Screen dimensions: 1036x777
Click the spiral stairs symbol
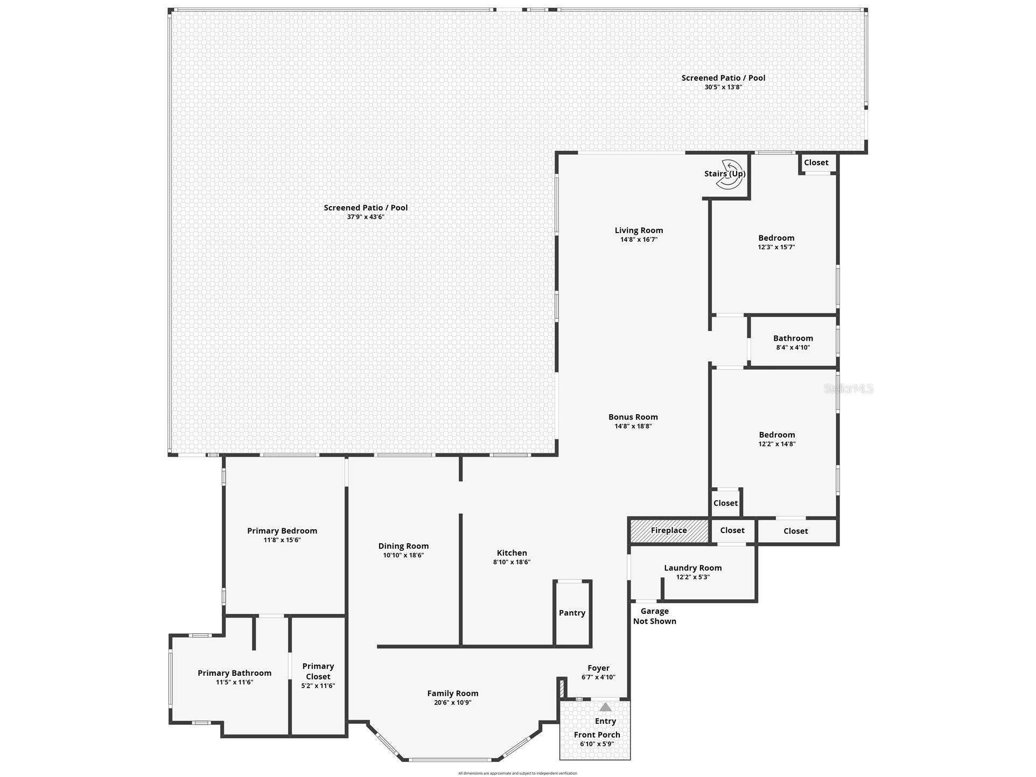pyautogui.click(x=728, y=174)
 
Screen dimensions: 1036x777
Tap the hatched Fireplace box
pyautogui.click(x=669, y=530)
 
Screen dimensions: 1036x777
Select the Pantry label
pyautogui.click(x=572, y=613)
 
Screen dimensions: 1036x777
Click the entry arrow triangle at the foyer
pyautogui.click(x=606, y=707)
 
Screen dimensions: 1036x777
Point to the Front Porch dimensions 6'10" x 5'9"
pyautogui.click(x=597, y=744)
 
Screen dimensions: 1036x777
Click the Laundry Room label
pyautogui.click(x=693, y=568)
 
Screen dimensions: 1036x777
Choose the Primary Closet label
pyautogui.click(x=318, y=671)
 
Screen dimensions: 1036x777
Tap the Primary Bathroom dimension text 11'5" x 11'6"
pyautogui.click(x=234, y=682)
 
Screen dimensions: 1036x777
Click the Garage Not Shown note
pyautogui.click(x=655, y=616)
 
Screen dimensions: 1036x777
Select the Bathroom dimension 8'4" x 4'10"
pyautogui.click(x=793, y=347)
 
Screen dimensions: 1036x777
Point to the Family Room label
pyautogui.click(x=453, y=694)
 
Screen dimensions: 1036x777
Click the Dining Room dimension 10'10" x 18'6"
pyautogui.click(x=403, y=555)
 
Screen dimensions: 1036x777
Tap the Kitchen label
pyautogui.click(x=512, y=553)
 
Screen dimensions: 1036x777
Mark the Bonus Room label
pyautogui.click(x=633, y=417)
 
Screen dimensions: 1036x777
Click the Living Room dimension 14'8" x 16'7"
pyautogui.click(x=639, y=240)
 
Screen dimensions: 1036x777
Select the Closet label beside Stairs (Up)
pyautogui.click(x=816, y=163)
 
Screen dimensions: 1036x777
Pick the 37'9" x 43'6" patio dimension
pyautogui.click(x=366, y=217)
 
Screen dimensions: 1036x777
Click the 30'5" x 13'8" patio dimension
pyautogui.click(x=724, y=87)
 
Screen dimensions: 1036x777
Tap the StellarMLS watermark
pyautogui.click(x=849, y=389)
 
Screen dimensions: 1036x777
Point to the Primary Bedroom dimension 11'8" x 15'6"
pyautogui.click(x=282, y=540)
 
